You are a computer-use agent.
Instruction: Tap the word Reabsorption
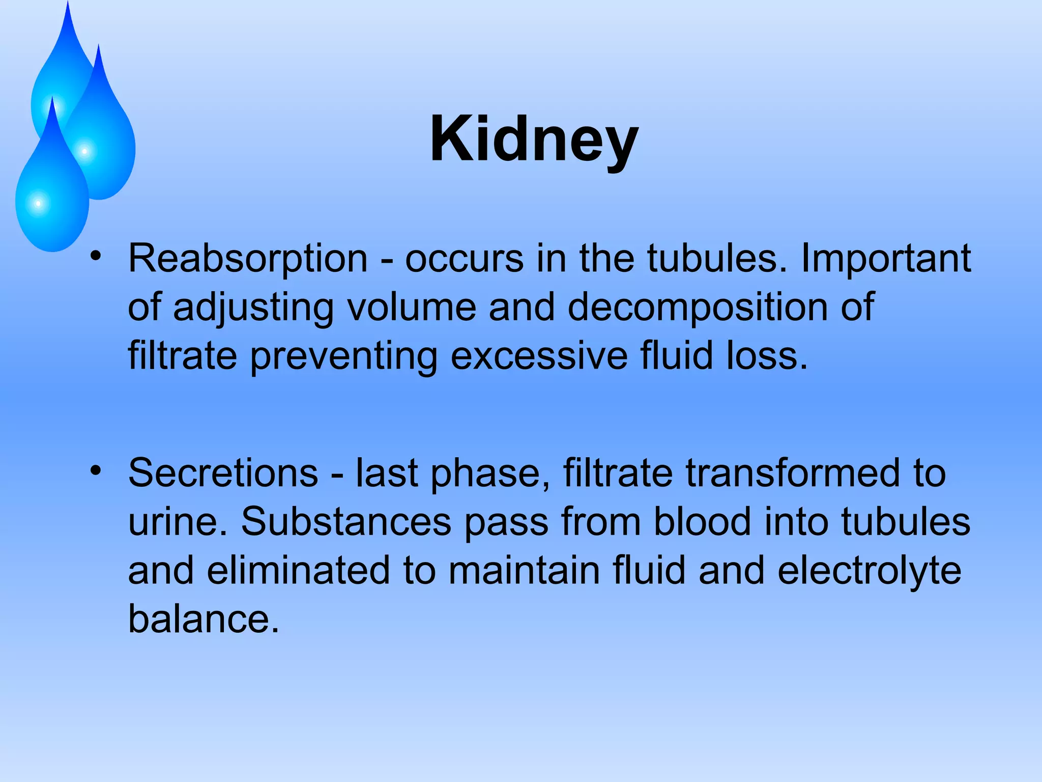coord(248,259)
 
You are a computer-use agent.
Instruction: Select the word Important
coord(886,259)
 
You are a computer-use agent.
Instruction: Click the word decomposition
coord(697,307)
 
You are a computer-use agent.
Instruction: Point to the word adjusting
coord(253,307)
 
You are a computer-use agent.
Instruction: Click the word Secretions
coord(223,473)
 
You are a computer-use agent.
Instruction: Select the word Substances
coord(346,522)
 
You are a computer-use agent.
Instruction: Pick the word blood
coord(702,522)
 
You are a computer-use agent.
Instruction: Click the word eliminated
coord(299,570)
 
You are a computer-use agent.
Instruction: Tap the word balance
coord(204,619)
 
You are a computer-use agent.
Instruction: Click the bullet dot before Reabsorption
coord(96,257)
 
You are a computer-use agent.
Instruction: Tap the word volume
coord(412,307)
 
